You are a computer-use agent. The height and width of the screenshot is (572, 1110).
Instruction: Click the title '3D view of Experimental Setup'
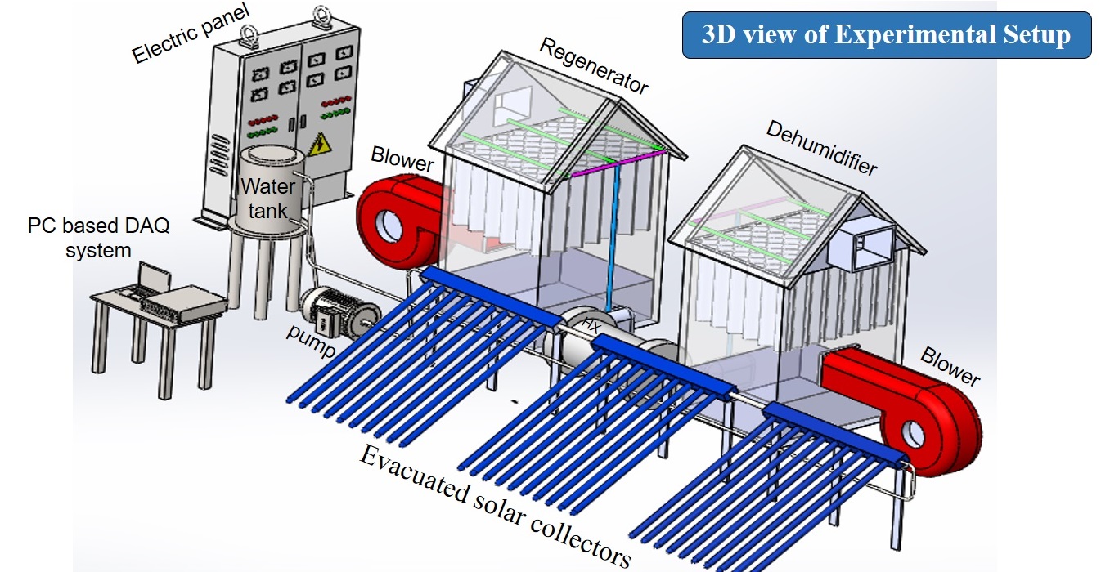point(887,35)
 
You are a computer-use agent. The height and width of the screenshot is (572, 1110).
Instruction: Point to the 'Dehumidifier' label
point(821,148)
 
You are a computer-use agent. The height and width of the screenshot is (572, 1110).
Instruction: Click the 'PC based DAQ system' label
point(99,238)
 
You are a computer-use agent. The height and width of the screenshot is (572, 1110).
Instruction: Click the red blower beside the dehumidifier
point(900,409)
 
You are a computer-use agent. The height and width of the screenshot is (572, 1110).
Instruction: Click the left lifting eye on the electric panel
point(245,35)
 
